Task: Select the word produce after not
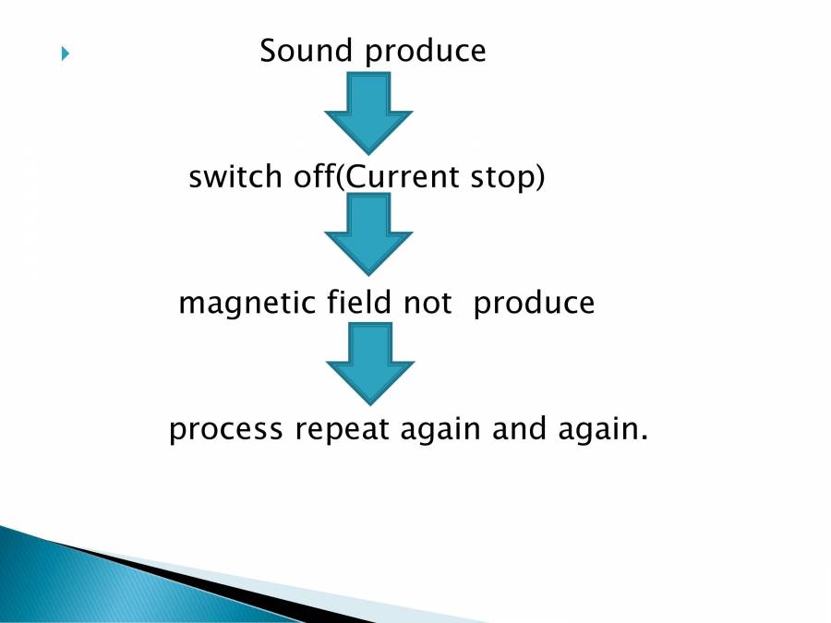(534, 304)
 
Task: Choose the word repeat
(339, 430)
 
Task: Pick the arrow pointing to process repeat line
(369, 364)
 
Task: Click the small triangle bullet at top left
(65, 54)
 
